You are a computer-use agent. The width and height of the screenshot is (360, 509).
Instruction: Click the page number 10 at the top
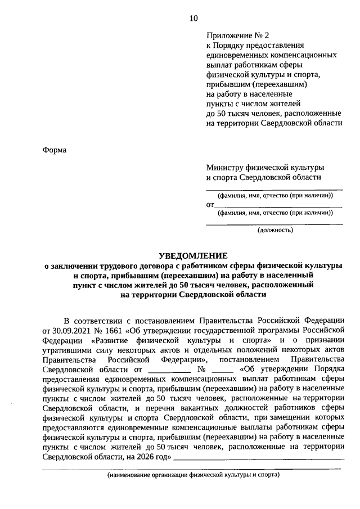pyautogui.click(x=193, y=18)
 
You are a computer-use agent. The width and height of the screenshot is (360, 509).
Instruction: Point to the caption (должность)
pyautogui.click(x=275, y=231)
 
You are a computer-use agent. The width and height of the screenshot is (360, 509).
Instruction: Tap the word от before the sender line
pyautogui.click(x=210, y=205)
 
